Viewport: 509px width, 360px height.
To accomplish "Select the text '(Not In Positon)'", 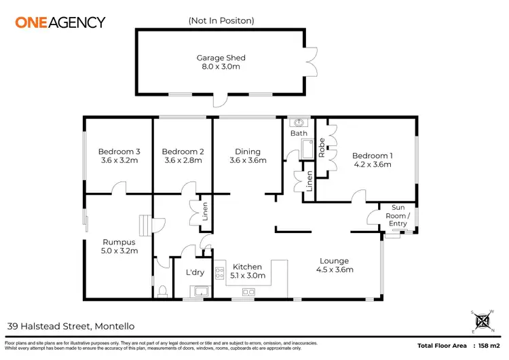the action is coord(221,20).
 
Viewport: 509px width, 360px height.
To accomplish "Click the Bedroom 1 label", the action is coord(373,156).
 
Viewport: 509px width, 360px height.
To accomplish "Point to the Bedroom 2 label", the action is coord(182,151).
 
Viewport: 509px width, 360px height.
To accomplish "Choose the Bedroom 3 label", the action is coord(119,151).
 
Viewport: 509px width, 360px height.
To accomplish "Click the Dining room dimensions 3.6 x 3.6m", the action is coord(248,161).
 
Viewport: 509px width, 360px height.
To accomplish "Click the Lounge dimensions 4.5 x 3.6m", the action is coord(334,270).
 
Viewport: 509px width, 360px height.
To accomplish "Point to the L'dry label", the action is coord(195,272).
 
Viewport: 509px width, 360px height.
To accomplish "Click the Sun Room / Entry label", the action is coord(398,215).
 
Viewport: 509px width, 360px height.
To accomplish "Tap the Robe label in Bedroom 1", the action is coord(321,149).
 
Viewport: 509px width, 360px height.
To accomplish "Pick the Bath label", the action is coord(299,133).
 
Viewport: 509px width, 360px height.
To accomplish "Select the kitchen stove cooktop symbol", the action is coord(219,274).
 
